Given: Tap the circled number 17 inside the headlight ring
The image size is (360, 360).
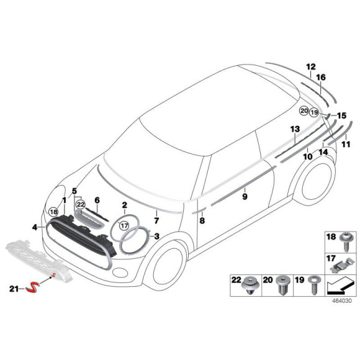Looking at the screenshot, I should tap(124, 226).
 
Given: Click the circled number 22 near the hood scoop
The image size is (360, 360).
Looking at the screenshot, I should tap(81, 204).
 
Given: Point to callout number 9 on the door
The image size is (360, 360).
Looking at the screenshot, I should tap(245, 196).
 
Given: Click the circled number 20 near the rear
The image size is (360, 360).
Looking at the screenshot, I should tap(304, 111).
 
